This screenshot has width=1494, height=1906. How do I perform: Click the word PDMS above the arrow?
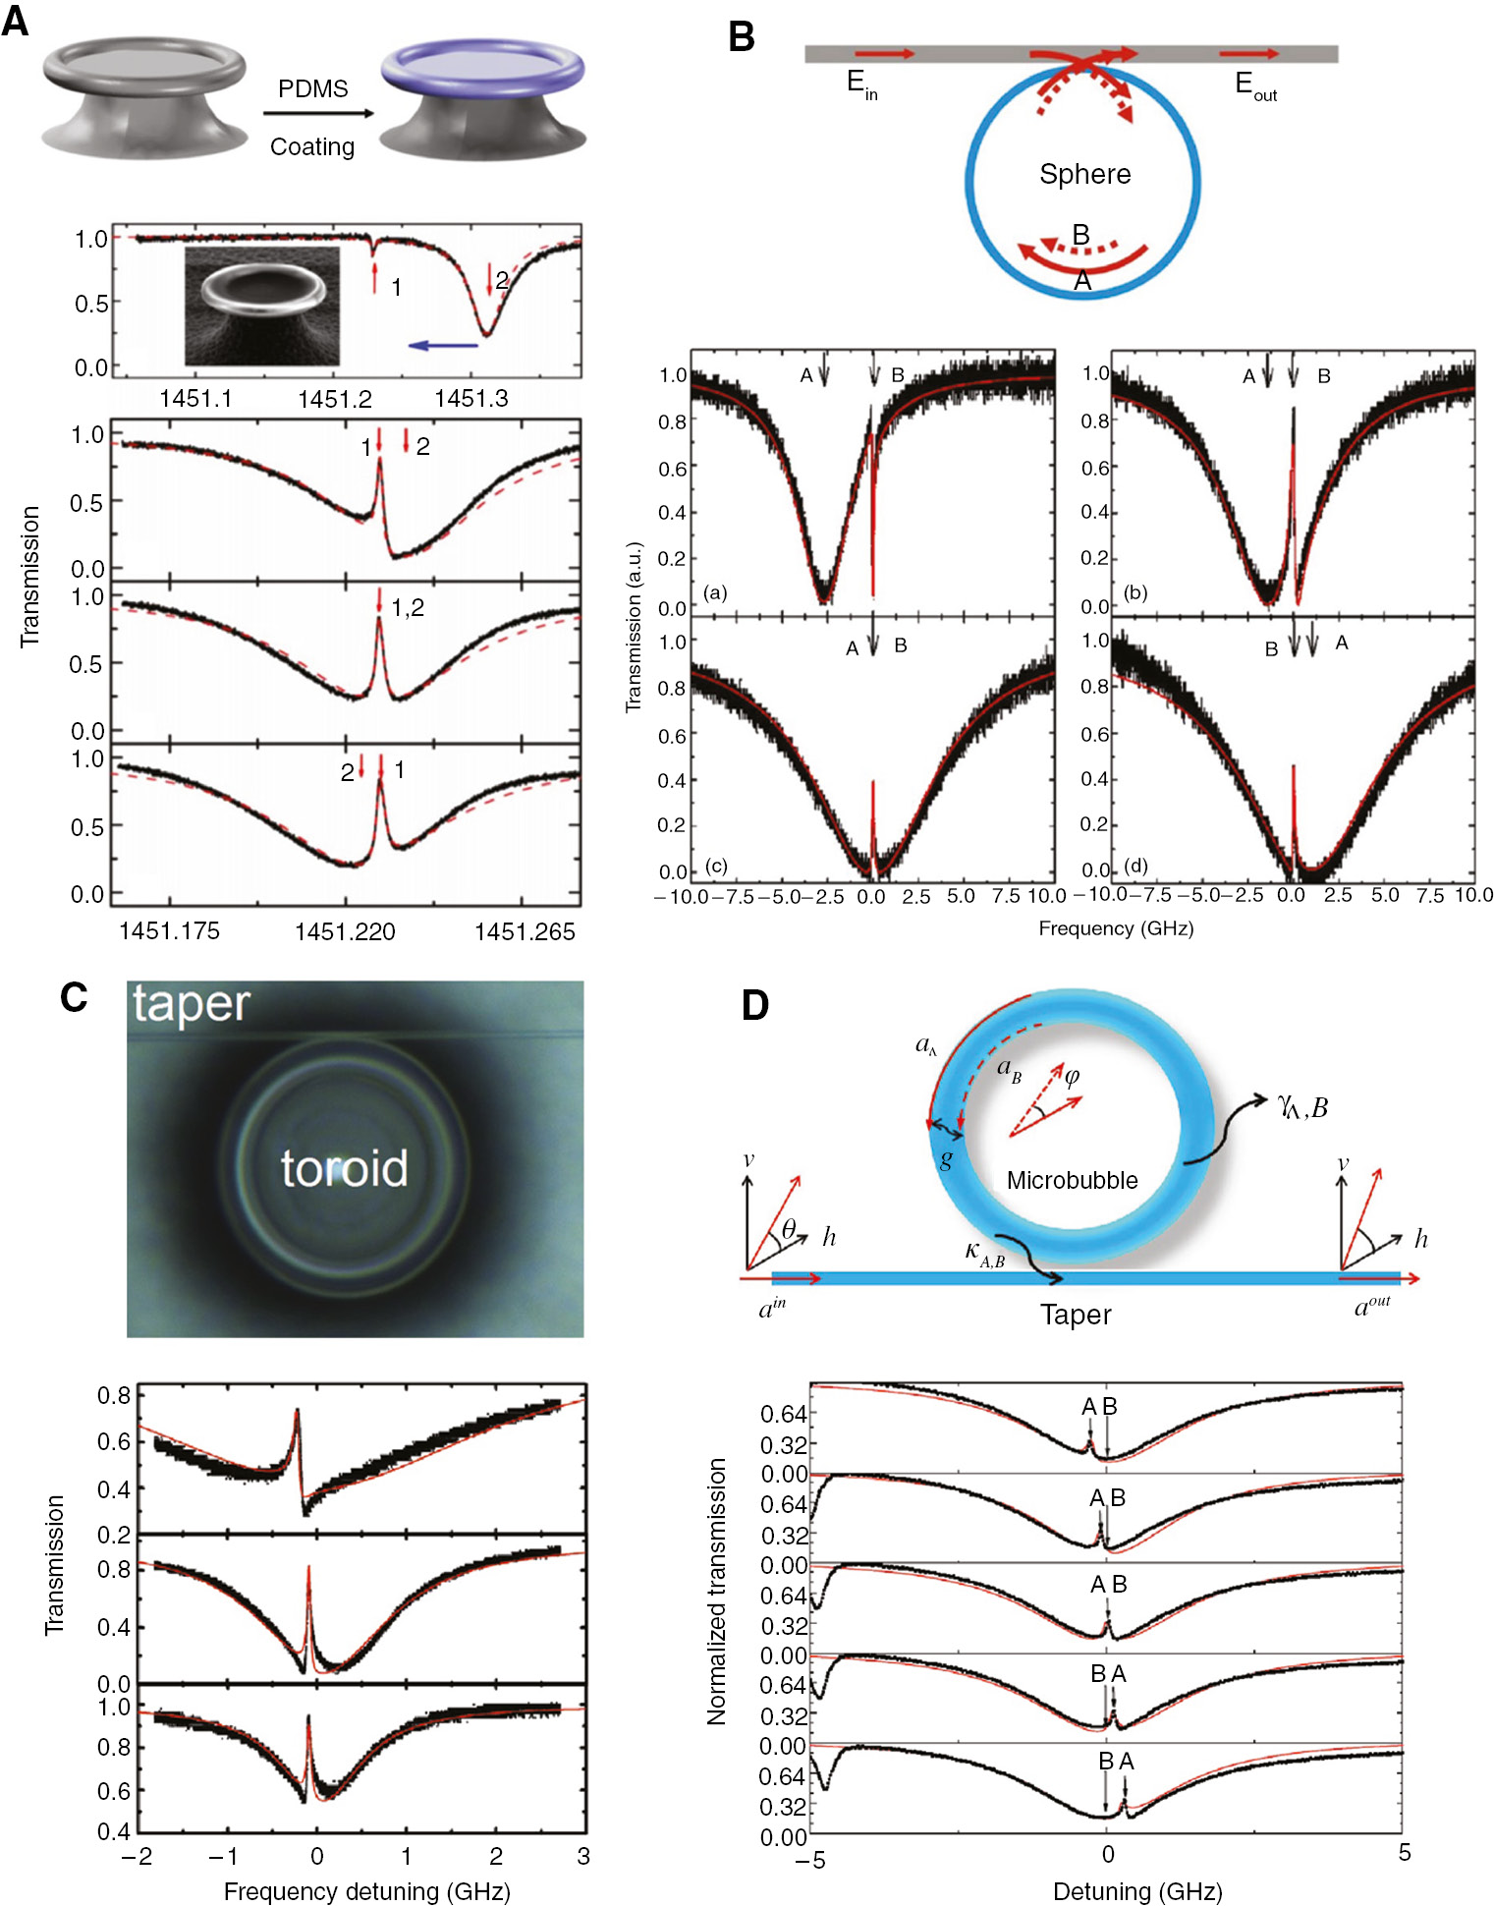312,89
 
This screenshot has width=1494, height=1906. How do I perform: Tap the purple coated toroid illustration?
482,98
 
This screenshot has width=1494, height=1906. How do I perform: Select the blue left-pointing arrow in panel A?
443,345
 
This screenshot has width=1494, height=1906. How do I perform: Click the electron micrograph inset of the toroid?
262,306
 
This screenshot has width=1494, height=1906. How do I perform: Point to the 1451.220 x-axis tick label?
345,931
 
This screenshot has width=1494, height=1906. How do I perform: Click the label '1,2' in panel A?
408,608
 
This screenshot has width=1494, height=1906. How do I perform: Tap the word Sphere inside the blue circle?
1084,174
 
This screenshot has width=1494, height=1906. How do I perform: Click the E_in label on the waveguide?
861,84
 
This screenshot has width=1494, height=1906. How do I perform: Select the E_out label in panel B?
1254,85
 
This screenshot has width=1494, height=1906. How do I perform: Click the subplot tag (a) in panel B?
715,592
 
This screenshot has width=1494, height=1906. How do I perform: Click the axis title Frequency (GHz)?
1116,927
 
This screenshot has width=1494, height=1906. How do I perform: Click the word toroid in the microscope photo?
344,1168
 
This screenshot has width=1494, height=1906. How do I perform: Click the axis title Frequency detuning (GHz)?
366,1891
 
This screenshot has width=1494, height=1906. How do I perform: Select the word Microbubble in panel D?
1072,1180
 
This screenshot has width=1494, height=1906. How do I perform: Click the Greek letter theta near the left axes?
789,1229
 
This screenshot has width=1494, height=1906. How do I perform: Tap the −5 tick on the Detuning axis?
809,1860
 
